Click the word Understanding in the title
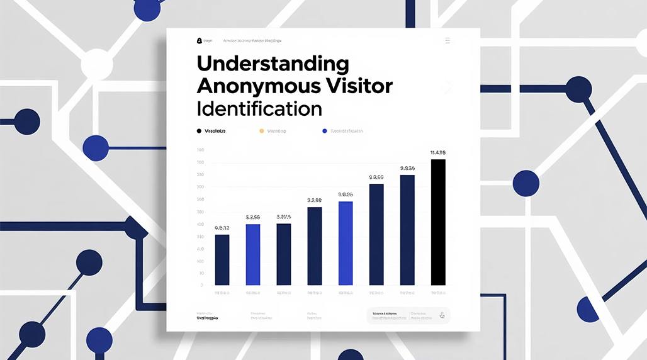click(273, 64)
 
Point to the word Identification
click(259, 108)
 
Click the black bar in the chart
click(438, 222)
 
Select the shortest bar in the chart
click(222, 259)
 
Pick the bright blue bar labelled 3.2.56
click(253, 254)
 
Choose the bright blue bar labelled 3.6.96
click(346, 243)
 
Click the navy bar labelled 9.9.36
click(407, 230)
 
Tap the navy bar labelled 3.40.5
click(284, 254)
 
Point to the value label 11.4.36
click(438, 152)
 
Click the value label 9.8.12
click(222, 227)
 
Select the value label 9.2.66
click(376, 177)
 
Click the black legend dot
click(199, 131)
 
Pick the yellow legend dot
click(261, 131)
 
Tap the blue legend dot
click(325, 131)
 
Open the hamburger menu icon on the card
click(447, 41)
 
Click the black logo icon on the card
click(200, 41)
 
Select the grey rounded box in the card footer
click(408, 316)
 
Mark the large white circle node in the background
click(96, 64)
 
